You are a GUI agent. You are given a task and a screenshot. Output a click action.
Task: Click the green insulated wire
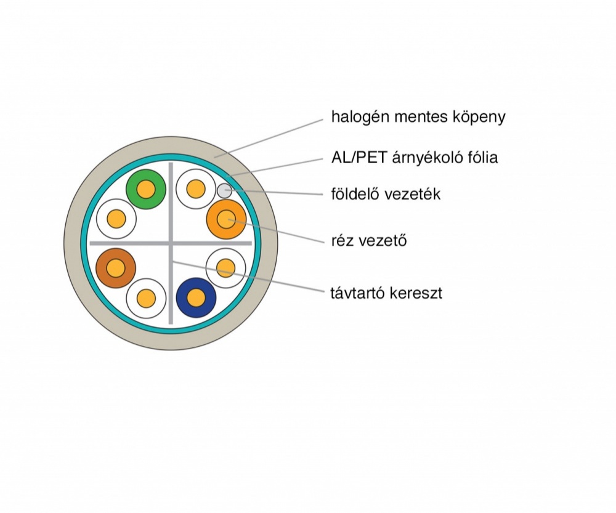[x=146, y=188]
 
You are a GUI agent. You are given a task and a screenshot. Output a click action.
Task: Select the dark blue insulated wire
[x=196, y=298]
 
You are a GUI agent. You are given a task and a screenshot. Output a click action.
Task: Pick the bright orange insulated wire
[x=226, y=219]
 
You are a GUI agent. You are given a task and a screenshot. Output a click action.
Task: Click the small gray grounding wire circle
[x=224, y=190]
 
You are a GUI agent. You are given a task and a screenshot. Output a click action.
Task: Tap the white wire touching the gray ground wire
[x=195, y=188]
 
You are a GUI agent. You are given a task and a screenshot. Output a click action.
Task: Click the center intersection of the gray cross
[x=171, y=243]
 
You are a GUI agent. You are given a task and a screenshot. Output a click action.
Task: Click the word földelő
[x=353, y=195]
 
